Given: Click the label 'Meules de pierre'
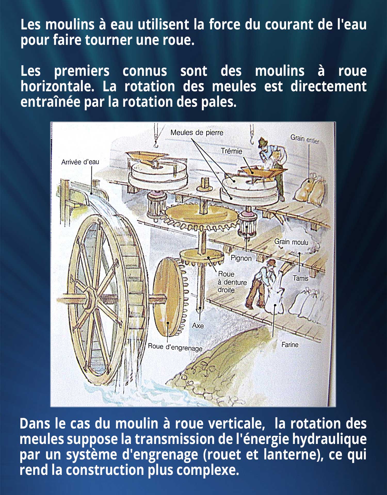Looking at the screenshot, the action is [x=197, y=133].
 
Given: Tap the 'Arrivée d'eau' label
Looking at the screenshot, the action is [x=80, y=162].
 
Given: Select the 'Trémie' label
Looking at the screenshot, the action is [x=231, y=151].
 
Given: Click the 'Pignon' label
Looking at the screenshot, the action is [x=241, y=258].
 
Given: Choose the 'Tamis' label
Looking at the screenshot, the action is [x=301, y=278].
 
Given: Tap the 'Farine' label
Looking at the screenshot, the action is [x=290, y=345].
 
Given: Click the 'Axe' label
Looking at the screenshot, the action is [x=198, y=326].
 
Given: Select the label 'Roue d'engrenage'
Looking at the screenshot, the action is [x=175, y=347].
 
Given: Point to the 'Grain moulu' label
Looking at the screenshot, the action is [x=291, y=242].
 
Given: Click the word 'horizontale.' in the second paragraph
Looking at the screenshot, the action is [x=58, y=87].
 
